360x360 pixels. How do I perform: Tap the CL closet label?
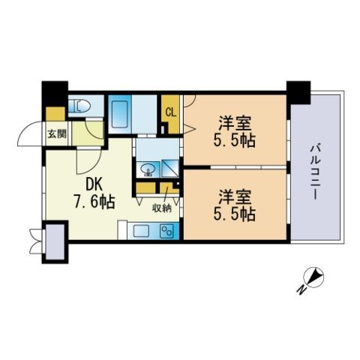[x=170, y=113]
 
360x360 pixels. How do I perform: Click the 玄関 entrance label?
[x=56, y=135]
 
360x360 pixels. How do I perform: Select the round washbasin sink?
[x=146, y=168]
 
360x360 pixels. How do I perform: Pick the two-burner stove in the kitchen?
[x=166, y=232]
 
